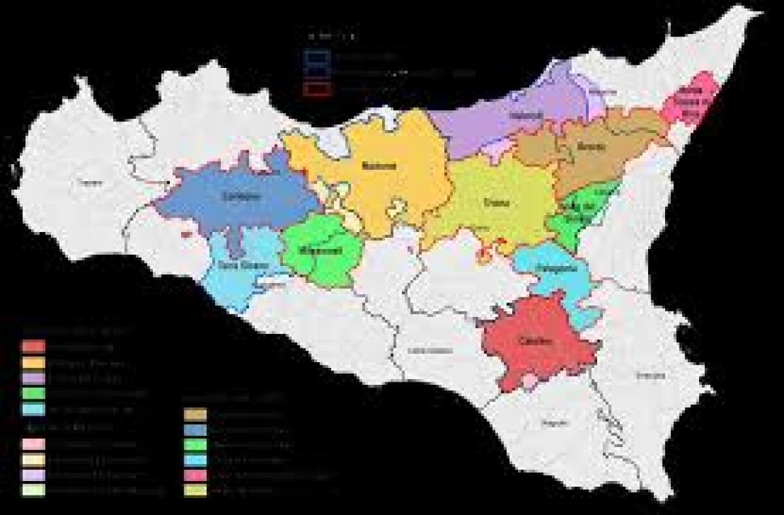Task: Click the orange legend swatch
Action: (x=33, y=362)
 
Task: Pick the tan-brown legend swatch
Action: (x=195, y=414)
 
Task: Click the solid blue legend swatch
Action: (x=195, y=430)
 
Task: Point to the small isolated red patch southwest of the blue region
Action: (x=186, y=232)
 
